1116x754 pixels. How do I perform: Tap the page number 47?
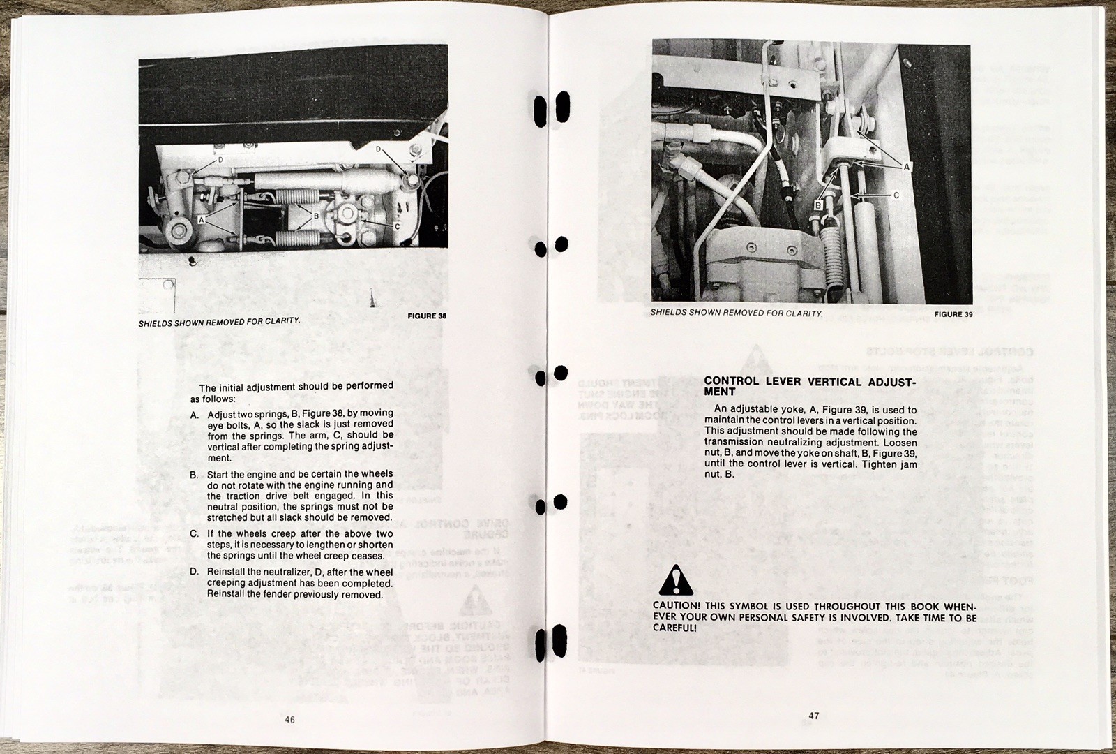coord(813,715)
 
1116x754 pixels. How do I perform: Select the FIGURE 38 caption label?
coord(426,316)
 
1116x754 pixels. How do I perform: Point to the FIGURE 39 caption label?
coord(953,314)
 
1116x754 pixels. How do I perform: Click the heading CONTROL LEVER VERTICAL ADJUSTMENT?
coord(809,386)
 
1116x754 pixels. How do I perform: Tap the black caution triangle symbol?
coord(675,579)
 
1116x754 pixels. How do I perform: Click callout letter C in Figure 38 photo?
coord(397,226)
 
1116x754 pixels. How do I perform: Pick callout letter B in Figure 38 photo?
coord(315,216)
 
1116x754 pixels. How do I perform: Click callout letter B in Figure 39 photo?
coord(817,206)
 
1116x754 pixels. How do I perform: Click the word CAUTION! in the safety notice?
coord(677,605)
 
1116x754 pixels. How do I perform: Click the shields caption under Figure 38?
coord(220,322)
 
